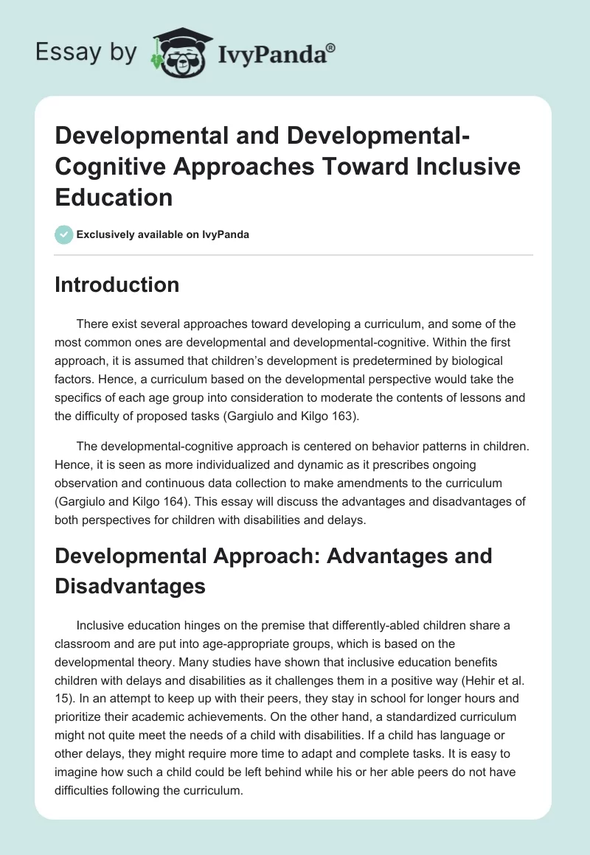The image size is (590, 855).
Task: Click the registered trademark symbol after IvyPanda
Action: pyautogui.click(x=331, y=47)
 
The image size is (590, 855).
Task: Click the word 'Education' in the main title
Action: pyautogui.click(x=114, y=197)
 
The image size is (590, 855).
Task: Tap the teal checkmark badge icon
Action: pyautogui.click(x=63, y=234)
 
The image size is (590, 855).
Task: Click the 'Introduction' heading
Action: pyautogui.click(x=117, y=285)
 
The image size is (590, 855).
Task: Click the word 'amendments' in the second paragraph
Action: pyautogui.click(x=377, y=483)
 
